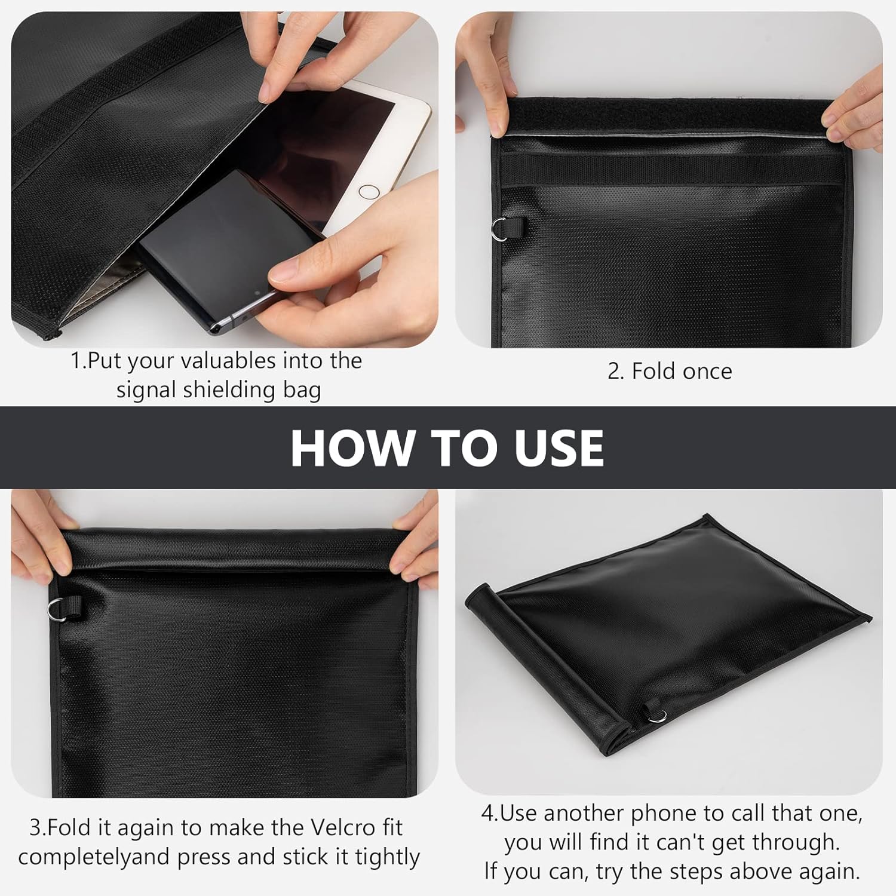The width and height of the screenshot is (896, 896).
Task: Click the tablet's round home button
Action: (x=369, y=192)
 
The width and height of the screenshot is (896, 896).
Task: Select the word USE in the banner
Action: (x=559, y=448)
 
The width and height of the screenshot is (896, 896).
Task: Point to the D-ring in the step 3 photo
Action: (x=57, y=608)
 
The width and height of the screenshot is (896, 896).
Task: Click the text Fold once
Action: (x=670, y=372)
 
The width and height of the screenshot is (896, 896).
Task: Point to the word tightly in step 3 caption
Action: (x=388, y=857)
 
